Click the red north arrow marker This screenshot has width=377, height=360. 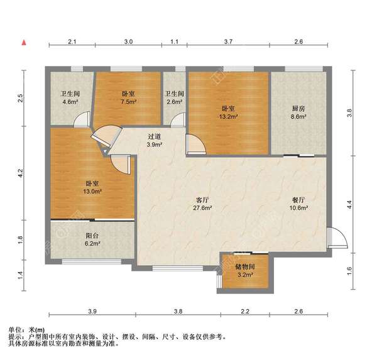point(24,43)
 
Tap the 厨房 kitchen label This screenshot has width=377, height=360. point(298,108)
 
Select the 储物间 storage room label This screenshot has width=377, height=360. point(244,267)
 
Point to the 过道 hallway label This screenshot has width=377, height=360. point(155,136)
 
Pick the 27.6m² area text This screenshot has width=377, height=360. point(202,209)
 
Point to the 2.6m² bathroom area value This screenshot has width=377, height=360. point(174,102)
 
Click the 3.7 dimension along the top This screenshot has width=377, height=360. point(228,41)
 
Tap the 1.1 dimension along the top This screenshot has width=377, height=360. point(174,41)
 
